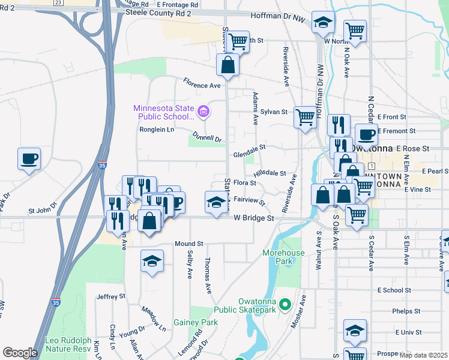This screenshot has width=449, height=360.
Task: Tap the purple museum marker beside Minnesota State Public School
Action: pos(203,110)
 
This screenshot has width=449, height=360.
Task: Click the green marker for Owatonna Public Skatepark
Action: pos(286,304)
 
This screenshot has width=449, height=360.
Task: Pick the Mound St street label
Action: pos(189,244)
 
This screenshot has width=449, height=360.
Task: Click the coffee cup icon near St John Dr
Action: pos(29,159)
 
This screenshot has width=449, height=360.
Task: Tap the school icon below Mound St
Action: pos(152,261)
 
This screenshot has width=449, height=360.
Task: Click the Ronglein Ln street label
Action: pos(157,129)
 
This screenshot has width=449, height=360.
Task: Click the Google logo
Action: pos(19,353)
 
